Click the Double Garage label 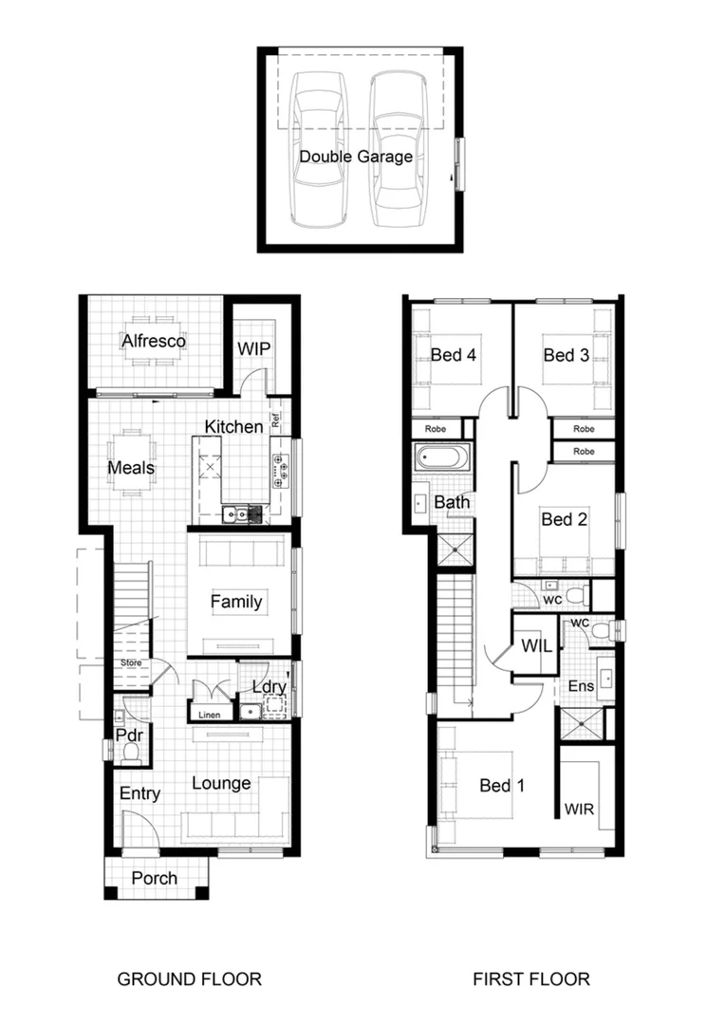(356, 157)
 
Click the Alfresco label (153, 341)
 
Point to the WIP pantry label (253, 349)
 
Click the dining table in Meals (130, 463)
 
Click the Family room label (236, 602)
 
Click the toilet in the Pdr (130, 752)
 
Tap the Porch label (154, 878)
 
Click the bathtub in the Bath (440, 458)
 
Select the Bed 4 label (453, 355)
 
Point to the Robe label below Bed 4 (436, 429)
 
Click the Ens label (581, 685)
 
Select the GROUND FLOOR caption (189, 978)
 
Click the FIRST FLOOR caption (530, 978)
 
